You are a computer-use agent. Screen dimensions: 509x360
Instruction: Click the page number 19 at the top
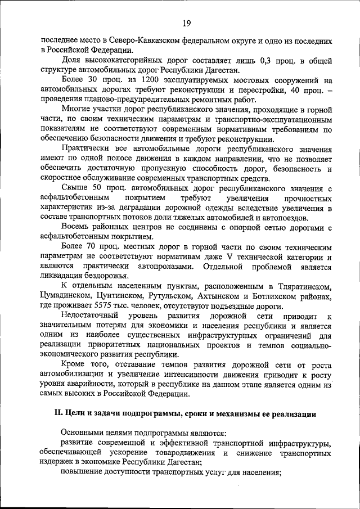186,23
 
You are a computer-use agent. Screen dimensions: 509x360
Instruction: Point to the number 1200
140,80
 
